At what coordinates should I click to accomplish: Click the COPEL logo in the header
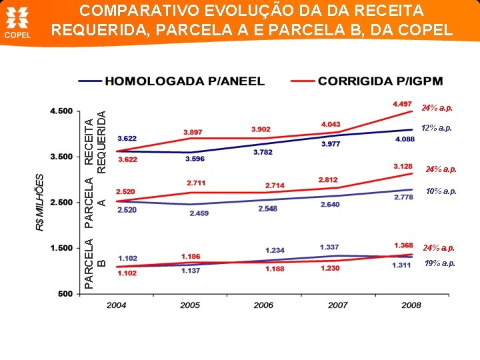pyautogui.click(x=19, y=23)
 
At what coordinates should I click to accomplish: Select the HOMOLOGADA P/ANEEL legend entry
pyautogui.click(x=184, y=81)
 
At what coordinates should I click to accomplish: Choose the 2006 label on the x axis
pyautogui.click(x=263, y=305)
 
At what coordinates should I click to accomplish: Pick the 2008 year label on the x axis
pyautogui.click(x=411, y=305)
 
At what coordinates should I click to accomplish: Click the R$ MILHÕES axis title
pyautogui.click(x=39, y=203)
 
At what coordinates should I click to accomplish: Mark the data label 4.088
pyautogui.click(x=405, y=139)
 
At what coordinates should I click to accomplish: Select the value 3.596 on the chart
pyautogui.click(x=195, y=159)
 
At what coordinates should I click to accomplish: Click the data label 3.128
pyautogui.click(x=403, y=166)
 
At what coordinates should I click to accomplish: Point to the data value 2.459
pyautogui.click(x=199, y=213)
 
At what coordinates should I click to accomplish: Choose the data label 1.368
pyautogui.click(x=403, y=245)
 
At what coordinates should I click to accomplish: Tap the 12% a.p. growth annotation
pyautogui.click(x=437, y=128)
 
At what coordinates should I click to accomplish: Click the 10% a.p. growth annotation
pyautogui.click(x=441, y=191)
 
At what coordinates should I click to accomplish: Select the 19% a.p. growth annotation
pyautogui.click(x=439, y=263)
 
